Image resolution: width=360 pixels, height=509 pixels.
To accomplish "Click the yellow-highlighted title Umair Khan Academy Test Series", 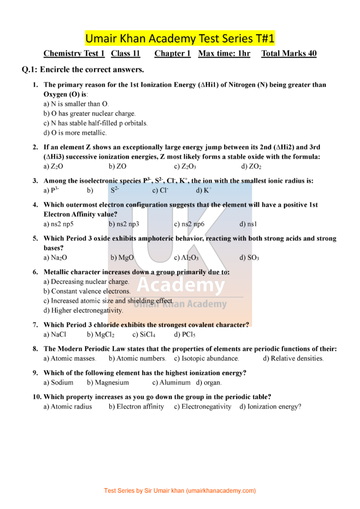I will coord(180,38).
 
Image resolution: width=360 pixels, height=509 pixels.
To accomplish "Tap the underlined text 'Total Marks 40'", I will coord(288,54).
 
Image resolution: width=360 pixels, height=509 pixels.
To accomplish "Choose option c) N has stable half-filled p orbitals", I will coord(95,123).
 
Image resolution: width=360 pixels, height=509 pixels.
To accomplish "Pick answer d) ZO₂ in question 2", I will coord(251,167).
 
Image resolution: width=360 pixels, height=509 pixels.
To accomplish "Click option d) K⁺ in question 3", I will coord(204,190).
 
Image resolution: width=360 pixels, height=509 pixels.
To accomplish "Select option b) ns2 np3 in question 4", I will coord(124,224).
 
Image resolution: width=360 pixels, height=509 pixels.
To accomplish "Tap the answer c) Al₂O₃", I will coord(186,257).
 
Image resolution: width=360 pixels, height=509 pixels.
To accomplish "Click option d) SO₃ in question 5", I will coord(249,257).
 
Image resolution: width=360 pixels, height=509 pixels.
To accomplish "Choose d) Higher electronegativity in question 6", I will coord(83,310).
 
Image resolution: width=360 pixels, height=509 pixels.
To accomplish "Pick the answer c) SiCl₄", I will coord(144,335).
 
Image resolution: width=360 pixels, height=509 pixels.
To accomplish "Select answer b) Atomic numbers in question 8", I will coord(137,358).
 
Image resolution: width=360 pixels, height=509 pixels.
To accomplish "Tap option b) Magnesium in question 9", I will coord(108,382).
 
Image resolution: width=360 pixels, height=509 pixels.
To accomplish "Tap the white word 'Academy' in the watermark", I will coord(180,285).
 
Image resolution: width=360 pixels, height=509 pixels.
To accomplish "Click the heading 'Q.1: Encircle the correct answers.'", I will coord(83,70).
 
